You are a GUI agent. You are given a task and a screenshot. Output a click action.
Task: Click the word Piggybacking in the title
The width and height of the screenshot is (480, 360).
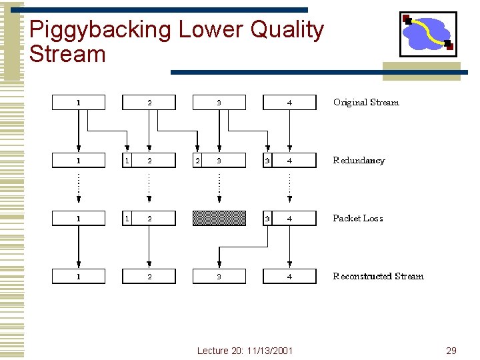pos(100,31)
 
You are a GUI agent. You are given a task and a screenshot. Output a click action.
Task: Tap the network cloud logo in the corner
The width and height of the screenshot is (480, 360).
pos(427,33)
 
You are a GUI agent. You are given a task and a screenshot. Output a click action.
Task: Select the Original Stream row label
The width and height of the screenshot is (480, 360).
pos(366,103)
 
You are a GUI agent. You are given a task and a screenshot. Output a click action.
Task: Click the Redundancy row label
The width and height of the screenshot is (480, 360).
pos(359,161)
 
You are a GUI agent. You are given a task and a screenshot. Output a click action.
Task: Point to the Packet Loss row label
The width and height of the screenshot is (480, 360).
pos(358,219)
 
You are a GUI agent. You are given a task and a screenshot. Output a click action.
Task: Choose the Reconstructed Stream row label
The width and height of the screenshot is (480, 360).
pos(378,277)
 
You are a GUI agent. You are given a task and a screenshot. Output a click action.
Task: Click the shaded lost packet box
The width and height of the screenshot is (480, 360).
pos(219,218)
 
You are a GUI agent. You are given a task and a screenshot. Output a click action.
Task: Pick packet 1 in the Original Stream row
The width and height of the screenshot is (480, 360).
pos(79,103)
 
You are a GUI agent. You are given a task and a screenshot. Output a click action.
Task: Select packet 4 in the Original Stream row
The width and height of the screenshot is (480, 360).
pos(289,103)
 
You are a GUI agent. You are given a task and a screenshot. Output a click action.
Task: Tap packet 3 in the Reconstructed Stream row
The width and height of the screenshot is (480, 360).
pos(219,276)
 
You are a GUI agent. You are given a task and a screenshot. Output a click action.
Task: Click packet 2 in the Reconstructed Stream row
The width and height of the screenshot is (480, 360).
pos(149,276)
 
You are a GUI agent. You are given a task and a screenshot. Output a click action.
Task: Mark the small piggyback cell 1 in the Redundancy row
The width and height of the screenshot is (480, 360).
pos(127,161)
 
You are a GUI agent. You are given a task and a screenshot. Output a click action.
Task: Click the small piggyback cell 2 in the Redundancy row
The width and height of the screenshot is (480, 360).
pos(197,161)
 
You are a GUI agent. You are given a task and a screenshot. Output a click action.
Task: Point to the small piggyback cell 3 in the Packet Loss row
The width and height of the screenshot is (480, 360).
pos(268,218)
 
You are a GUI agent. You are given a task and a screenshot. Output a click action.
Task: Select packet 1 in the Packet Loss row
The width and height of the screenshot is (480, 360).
pos(79,218)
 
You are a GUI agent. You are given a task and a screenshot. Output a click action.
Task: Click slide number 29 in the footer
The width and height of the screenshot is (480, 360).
pos(451,351)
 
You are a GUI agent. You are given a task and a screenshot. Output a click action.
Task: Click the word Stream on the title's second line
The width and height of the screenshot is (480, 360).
pos(68,55)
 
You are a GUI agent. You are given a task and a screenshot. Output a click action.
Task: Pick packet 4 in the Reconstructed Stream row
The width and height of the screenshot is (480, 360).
pos(289,276)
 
